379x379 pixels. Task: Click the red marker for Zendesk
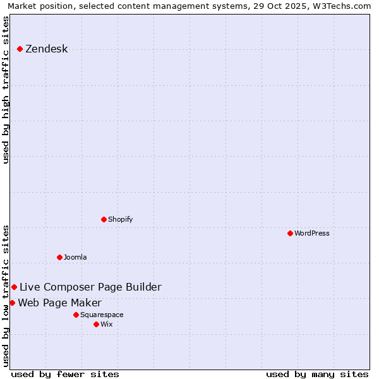click(20, 49)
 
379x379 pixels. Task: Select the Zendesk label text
click(46, 49)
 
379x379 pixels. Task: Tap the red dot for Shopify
click(104, 219)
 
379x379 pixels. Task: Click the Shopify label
click(120, 220)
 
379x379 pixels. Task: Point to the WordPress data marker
click(291, 233)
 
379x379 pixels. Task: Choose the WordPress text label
click(312, 234)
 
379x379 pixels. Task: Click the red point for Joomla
click(60, 257)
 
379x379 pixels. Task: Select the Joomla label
click(75, 258)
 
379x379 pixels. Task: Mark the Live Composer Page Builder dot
click(15, 287)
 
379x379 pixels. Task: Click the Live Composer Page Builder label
click(90, 287)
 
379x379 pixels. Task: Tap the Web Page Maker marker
click(13, 303)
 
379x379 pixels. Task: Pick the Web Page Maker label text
click(59, 303)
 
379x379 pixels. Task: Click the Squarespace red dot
click(76, 315)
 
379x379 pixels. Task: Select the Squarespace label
click(102, 315)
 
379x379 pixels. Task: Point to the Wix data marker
click(97, 324)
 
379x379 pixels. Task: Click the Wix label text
click(106, 325)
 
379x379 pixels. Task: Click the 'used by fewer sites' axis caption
click(65, 374)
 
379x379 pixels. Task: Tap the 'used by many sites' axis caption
click(317, 374)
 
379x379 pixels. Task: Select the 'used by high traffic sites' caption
click(6, 90)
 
